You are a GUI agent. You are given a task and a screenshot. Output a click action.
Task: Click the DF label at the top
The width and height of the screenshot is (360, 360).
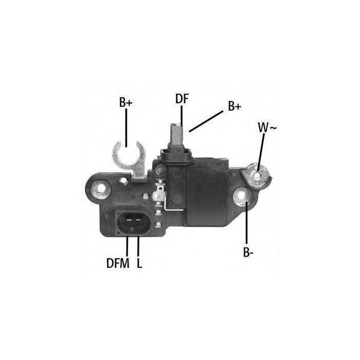tap(182, 99)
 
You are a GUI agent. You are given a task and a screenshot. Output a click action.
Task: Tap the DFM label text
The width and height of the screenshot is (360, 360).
tap(118, 263)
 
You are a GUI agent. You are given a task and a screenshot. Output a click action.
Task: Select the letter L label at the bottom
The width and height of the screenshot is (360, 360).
tap(139, 263)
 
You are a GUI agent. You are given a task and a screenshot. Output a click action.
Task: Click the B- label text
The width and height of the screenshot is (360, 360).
tap(248, 252)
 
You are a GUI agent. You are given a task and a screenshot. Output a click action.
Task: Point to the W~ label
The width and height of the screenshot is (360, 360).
tap(267, 128)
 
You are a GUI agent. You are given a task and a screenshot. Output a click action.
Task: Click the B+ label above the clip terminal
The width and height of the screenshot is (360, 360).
tap(126, 102)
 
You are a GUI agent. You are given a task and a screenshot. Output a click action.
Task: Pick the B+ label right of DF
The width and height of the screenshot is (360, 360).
tap(235, 106)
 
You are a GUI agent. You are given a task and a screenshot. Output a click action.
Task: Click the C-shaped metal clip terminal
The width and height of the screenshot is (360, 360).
tap(129, 160)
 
